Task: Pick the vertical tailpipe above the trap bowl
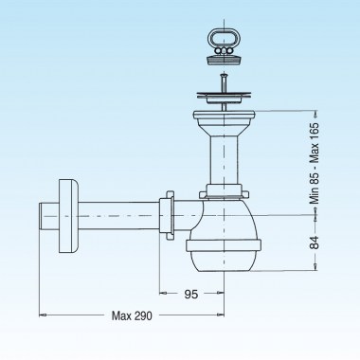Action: [x=225, y=161]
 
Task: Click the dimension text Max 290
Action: [x=132, y=315]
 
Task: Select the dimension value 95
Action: [x=190, y=294]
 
